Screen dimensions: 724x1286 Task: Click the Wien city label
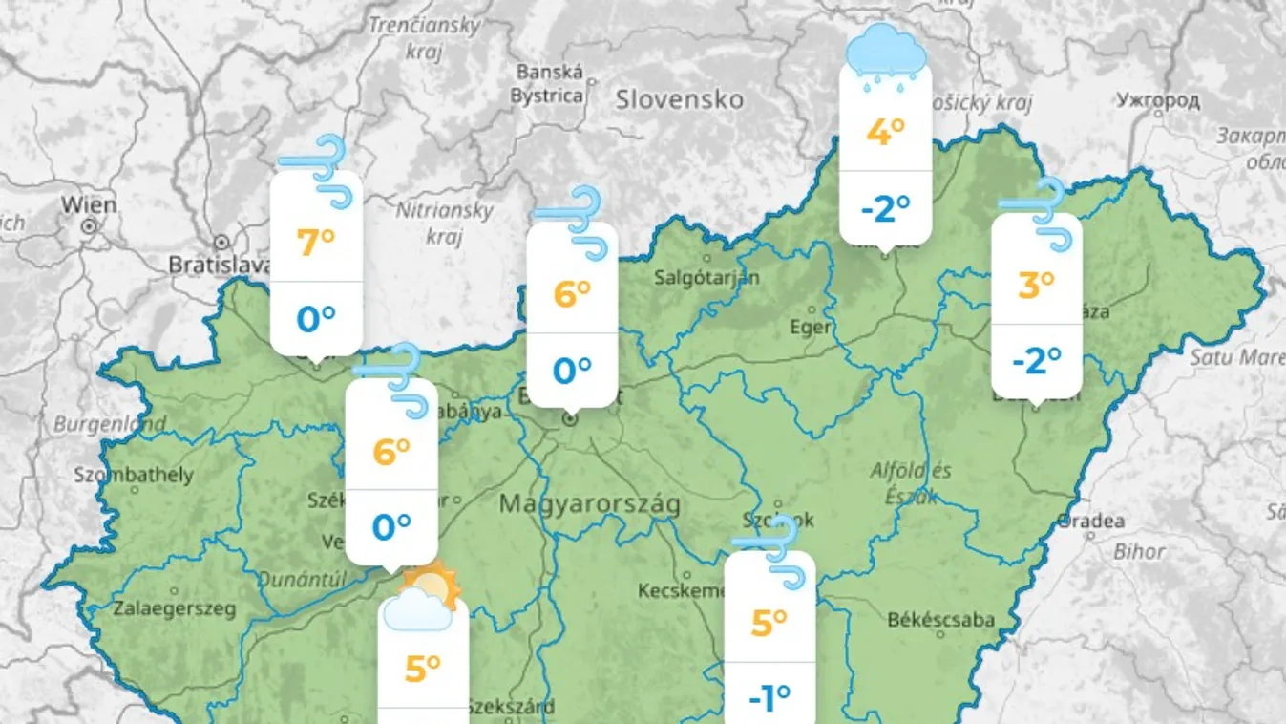click(x=90, y=204)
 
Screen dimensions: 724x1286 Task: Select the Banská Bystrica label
click(x=548, y=84)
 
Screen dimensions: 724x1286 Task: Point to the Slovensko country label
click(x=679, y=99)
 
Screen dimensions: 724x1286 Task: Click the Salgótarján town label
click(x=707, y=278)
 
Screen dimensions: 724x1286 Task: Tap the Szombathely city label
click(x=134, y=475)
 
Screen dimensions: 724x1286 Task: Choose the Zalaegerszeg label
click(x=174, y=608)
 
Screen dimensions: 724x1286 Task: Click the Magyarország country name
click(x=590, y=504)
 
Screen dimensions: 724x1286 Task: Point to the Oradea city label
click(x=1090, y=522)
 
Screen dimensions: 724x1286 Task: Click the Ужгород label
click(x=1157, y=99)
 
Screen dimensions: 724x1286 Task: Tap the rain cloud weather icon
click(x=887, y=55)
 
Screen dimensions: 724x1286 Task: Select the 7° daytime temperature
click(x=316, y=243)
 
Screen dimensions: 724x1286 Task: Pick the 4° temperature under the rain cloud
click(x=885, y=132)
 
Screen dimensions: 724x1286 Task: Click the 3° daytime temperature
click(x=1036, y=284)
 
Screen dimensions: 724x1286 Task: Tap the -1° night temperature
click(x=769, y=699)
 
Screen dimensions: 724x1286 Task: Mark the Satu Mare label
click(x=1236, y=357)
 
